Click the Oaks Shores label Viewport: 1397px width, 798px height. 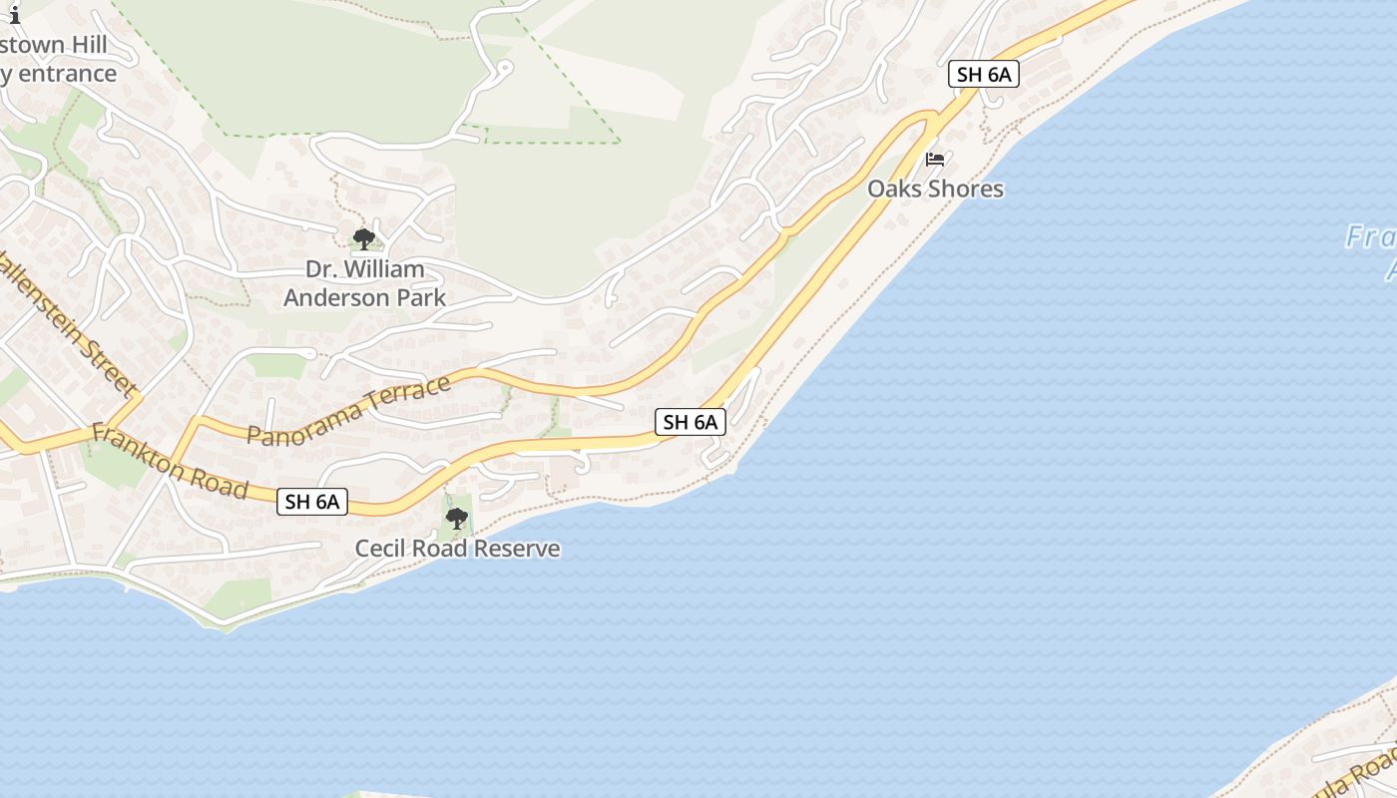click(935, 189)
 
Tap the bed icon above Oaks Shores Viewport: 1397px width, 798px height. click(935, 160)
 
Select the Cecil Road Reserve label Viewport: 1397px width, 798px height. click(457, 549)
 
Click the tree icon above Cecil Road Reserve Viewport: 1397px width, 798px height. click(457, 519)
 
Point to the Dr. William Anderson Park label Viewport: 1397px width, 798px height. click(364, 283)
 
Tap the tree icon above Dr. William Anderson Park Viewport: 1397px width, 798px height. click(364, 238)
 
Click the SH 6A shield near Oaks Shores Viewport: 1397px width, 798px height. click(983, 74)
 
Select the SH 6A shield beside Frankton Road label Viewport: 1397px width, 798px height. click(312, 502)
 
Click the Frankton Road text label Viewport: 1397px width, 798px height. click(170, 461)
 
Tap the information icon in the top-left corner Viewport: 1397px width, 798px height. click(14, 14)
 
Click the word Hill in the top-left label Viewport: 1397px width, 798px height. click(84, 46)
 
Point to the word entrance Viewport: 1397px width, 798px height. click(66, 74)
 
